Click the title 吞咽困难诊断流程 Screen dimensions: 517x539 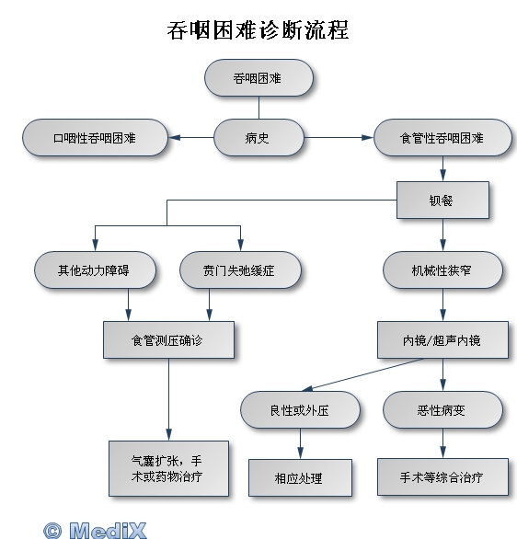tap(258, 30)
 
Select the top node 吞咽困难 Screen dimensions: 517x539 tap(258, 77)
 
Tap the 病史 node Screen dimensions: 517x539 tap(258, 137)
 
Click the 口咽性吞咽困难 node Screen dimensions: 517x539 tap(96, 137)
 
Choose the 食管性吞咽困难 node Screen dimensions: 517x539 tap(442, 137)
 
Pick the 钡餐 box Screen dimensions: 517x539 tap(442, 201)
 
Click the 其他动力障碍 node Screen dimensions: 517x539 tap(95, 270)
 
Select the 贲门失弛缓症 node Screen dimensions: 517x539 tap(240, 270)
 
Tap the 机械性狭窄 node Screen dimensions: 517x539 tap(442, 270)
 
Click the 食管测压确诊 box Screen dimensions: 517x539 tap(168, 340)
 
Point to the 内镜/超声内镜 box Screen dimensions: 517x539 tap(442, 340)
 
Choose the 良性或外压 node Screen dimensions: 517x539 tap(300, 409)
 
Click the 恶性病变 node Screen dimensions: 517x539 tap(442, 409)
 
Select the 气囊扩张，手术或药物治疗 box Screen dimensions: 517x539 tap(168, 468)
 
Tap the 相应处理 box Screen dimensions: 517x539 tap(300, 477)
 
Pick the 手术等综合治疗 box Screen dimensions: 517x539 tap(442, 476)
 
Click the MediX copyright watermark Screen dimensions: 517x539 tap(95, 531)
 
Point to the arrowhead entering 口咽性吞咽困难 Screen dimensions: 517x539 tap(174, 137)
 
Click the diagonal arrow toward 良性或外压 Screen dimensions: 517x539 tap(363, 374)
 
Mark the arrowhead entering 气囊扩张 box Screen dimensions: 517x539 tap(168, 435)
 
